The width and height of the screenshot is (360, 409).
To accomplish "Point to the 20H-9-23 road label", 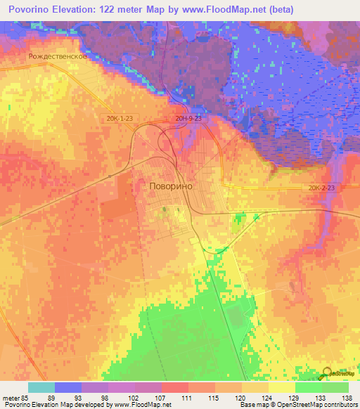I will pos(188,119).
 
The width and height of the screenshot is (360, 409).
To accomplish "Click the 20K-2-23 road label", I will pos(322,188).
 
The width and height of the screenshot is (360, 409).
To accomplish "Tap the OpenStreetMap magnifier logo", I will pos(328,374).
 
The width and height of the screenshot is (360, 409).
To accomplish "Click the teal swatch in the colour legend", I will pos(41,387).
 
